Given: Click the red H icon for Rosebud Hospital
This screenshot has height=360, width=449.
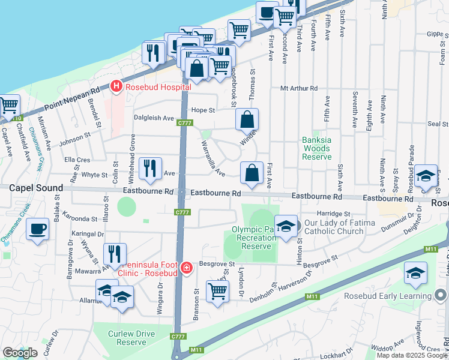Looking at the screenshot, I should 116,87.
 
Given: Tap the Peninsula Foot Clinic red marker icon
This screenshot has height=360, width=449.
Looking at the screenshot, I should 187,267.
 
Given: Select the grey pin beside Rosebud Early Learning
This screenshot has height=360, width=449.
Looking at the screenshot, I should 441,295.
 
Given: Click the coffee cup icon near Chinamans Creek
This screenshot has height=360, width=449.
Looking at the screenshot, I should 37,229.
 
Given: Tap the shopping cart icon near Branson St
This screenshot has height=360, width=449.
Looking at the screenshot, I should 217,292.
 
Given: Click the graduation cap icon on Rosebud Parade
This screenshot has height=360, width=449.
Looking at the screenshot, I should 426,175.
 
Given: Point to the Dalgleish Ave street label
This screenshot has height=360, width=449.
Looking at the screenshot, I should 154,118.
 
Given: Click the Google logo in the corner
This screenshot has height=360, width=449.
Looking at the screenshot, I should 20,353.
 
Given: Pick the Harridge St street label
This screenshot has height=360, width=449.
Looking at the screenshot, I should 334,214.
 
